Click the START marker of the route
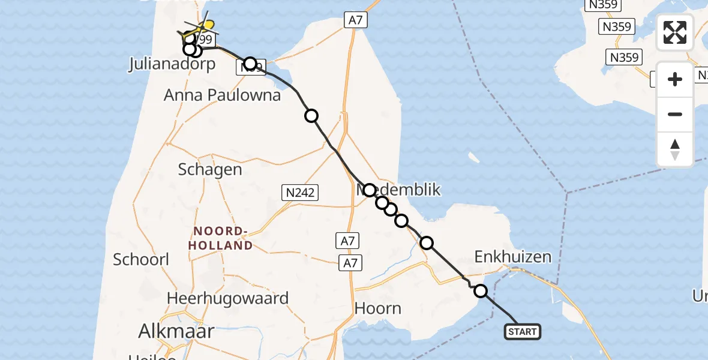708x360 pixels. pyautogui.click(x=523, y=331)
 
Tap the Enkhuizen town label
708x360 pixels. pyautogui.click(x=512, y=257)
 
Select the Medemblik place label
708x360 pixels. pyautogui.click(x=399, y=190)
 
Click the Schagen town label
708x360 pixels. pyautogui.click(x=210, y=169)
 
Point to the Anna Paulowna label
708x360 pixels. pyautogui.click(x=222, y=95)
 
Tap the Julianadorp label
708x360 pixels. pyautogui.click(x=172, y=64)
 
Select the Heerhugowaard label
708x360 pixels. pyautogui.click(x=227, y=298)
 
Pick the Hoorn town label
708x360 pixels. pyautogui.click(x=378, y=308)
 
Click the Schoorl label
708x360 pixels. pyautogui.click(x=141, y=259)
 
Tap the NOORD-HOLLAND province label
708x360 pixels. pyautogui.click(x=220, y=238)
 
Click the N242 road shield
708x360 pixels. pyautogui.click(x=300, y=192)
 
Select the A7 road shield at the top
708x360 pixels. pyautogui.click(x=356, y=20)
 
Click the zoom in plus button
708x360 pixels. pyautogui.click(x=675, y=79)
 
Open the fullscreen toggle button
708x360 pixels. pyautogui.click(x=675, y=32)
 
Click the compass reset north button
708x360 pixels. pyautogui.click(x=675, y=149)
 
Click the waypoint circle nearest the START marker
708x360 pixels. pyautogui.click(x=481, y=291)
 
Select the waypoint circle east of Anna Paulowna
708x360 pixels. pyautogui.click(x=311, y=116)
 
